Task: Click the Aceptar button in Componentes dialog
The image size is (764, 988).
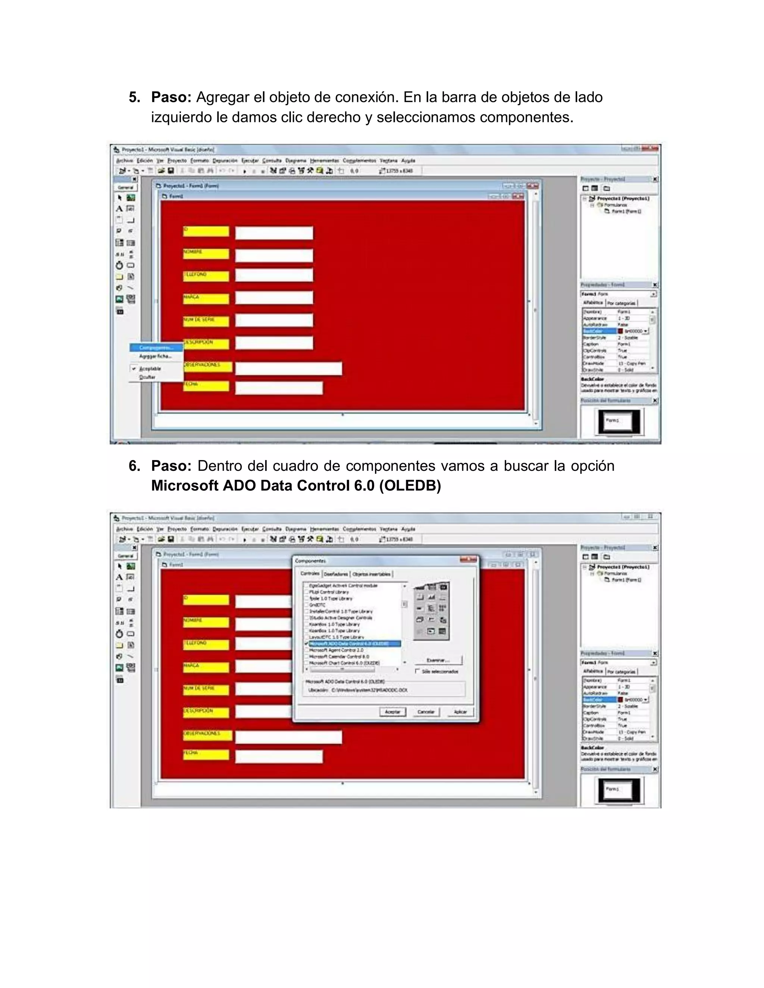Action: [392, 712]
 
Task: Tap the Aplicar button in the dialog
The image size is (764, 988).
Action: [460, 712]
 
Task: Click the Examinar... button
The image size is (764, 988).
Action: [438, 660]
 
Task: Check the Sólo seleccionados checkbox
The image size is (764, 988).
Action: [417, 671]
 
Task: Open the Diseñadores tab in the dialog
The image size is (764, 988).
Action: [336, 574]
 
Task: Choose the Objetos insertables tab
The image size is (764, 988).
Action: [371, 574]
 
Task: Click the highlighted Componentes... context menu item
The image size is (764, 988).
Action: [156, 347]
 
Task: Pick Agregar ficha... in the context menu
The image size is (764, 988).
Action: [155, 356]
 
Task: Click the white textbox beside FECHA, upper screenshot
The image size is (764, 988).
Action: [279, 388]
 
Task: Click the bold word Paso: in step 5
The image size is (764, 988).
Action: [171, 97]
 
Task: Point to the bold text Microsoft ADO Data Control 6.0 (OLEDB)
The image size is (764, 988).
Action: [295, 485]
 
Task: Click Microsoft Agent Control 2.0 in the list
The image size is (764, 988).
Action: [336, 650]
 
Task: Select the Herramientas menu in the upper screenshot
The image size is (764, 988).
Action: [324, 161]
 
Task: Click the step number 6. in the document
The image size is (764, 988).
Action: [134, 466]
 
